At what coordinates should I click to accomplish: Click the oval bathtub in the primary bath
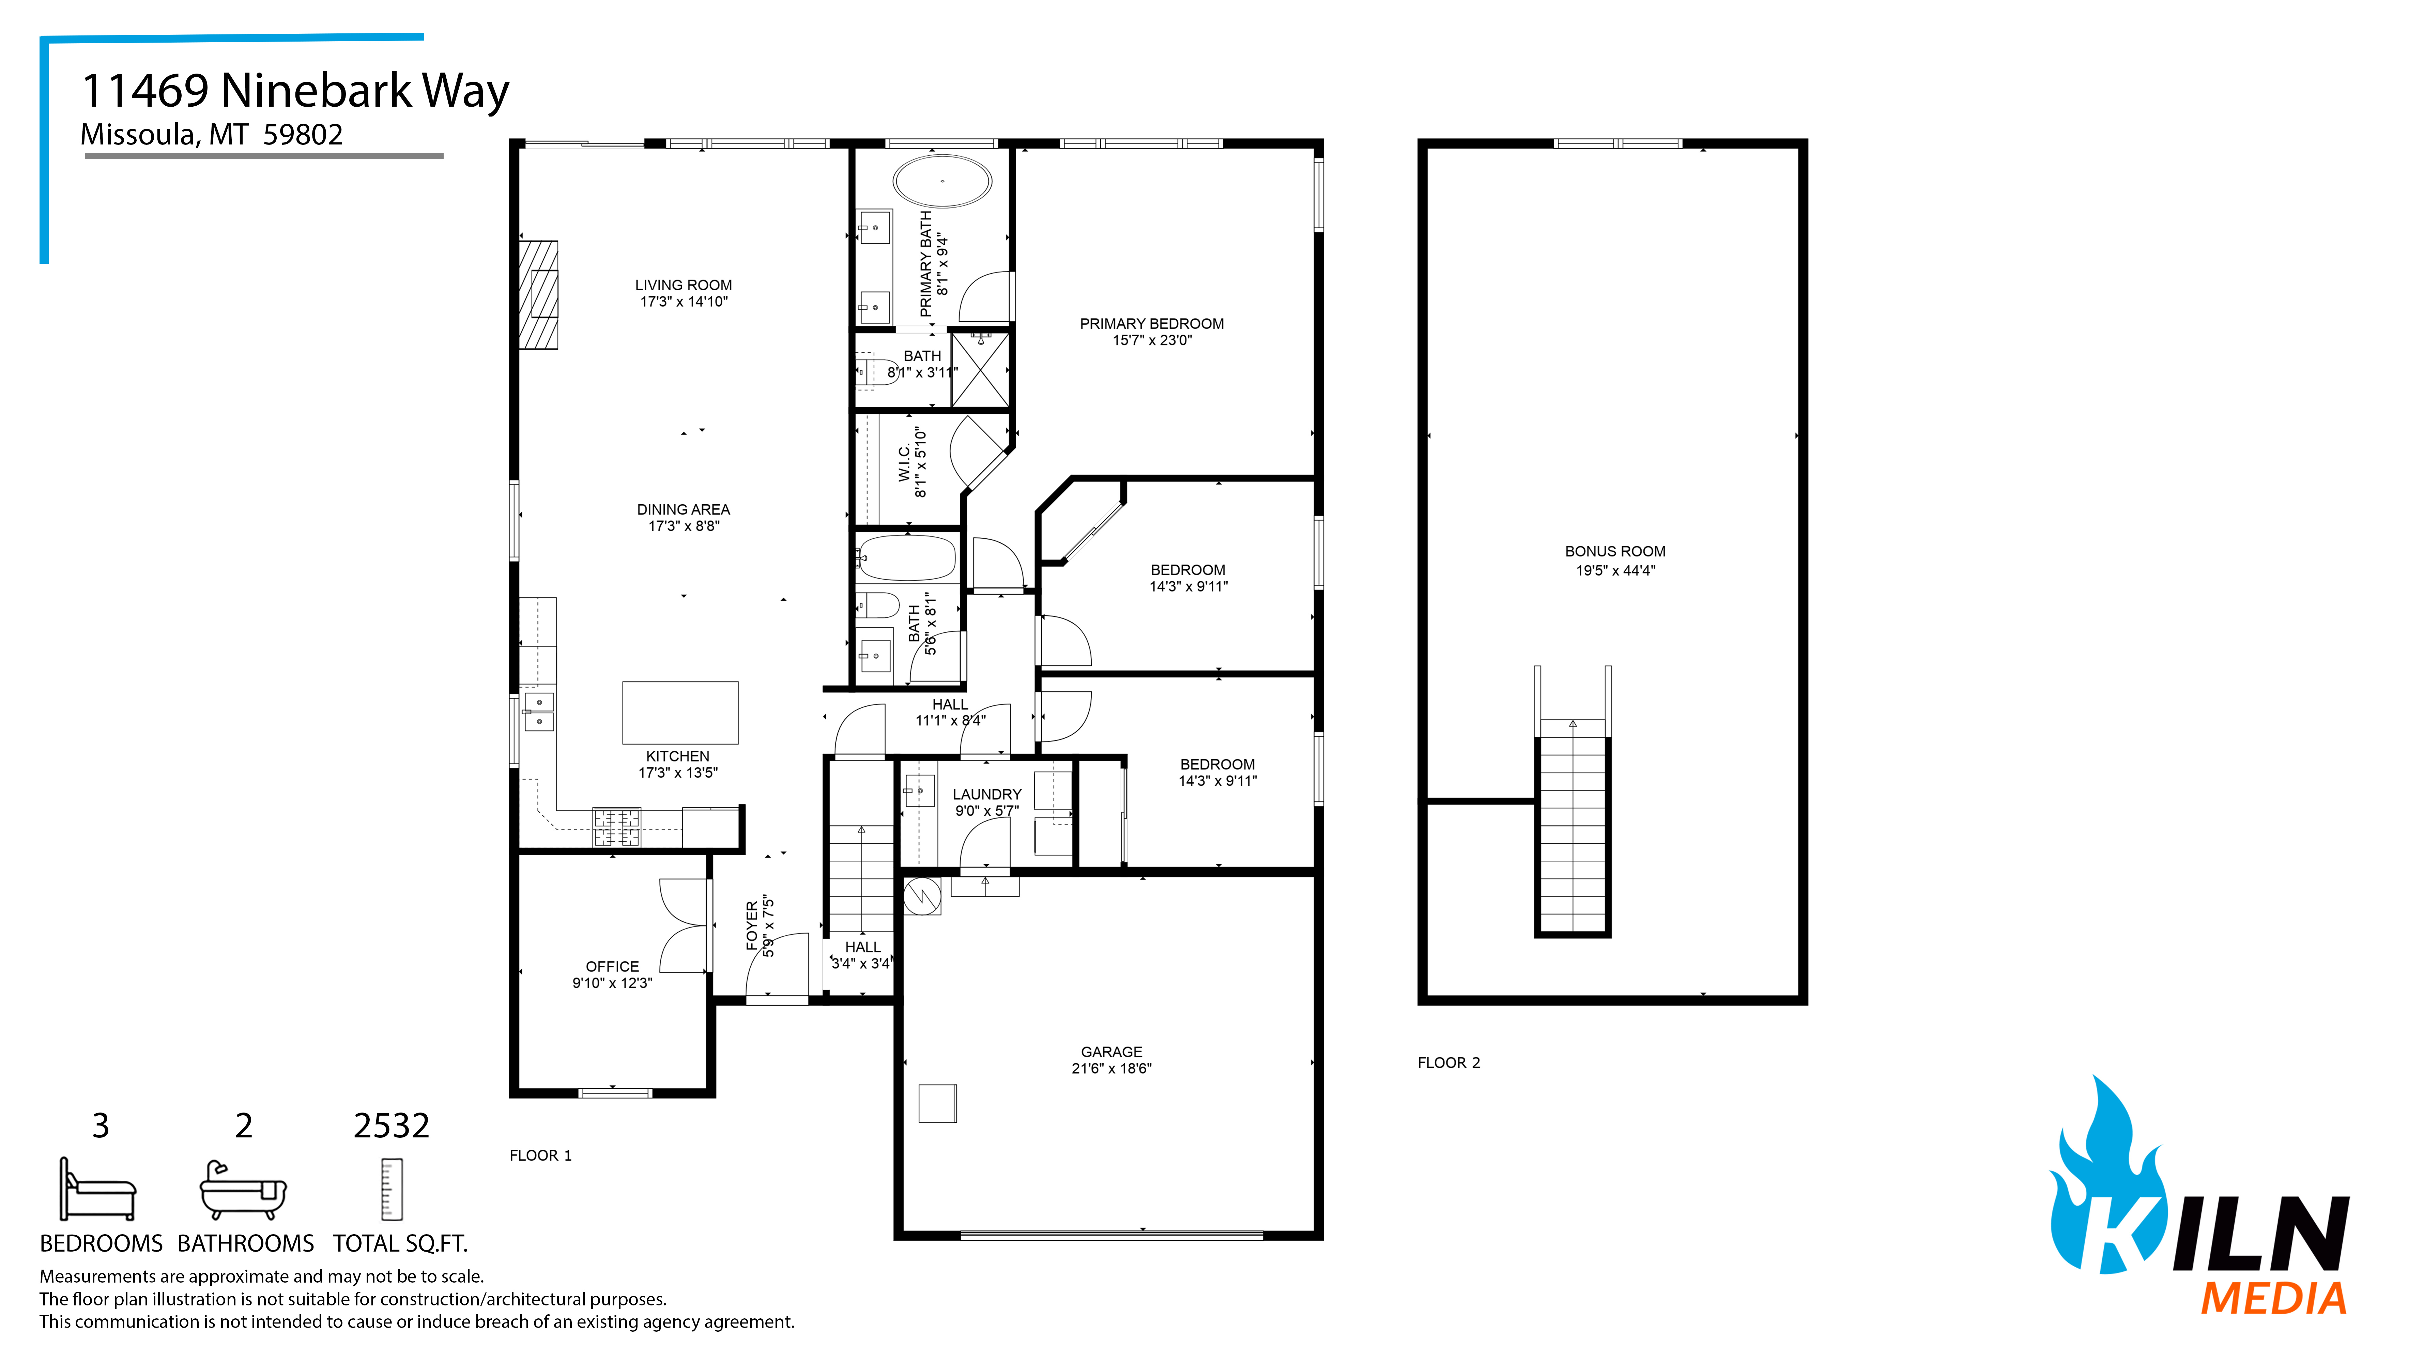[x=941, y=182]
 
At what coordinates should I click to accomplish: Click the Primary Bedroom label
[x=1151, y=324]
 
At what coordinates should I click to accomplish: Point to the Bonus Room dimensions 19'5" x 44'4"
[x=1615, y=570]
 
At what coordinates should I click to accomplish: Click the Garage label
[x=1111, y=1052]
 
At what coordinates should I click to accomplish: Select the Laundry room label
[x=987, y=795]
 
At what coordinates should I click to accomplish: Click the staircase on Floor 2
[x=1572, y=828]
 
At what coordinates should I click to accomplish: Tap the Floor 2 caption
[x=1448, y=1063]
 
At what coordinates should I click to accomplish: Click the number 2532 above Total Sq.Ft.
[x=391, y=1126]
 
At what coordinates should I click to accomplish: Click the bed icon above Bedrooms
[x=98, y=1189]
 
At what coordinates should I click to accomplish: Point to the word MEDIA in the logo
[x=2273, y=1299]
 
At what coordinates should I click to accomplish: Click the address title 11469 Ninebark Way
[x=295, y=91]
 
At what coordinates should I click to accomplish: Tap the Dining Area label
[x=683, y=510]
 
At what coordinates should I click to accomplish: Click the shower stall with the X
[x=980, y=370]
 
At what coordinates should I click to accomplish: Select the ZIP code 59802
[x=303, y=135]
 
